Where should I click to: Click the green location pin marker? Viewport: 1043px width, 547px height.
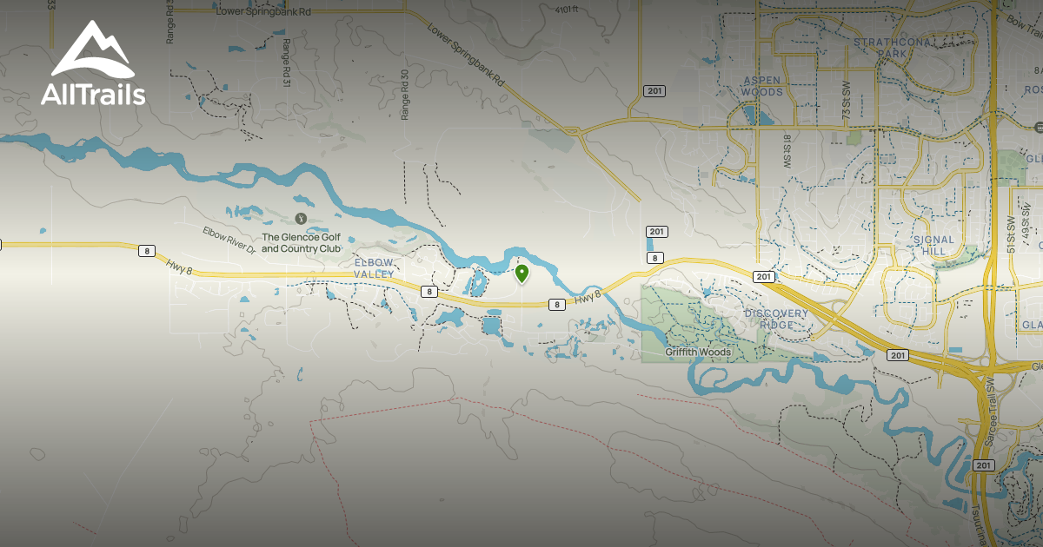tap(521, 273)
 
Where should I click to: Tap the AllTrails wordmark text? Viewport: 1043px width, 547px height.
tap(93, 95)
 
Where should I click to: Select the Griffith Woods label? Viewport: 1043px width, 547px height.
tap(698, 353)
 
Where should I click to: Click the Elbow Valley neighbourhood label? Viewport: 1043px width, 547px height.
tap(375, 267)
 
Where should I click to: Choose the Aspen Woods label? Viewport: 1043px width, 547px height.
tap(761, 86)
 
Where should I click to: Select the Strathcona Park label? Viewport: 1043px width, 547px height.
tap(892, 47)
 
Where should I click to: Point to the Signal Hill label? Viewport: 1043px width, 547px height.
tap(933, 245)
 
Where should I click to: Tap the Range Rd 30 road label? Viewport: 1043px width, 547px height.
tap(404, 95)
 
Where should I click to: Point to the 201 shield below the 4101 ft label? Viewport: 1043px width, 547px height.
tap(654, 90)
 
